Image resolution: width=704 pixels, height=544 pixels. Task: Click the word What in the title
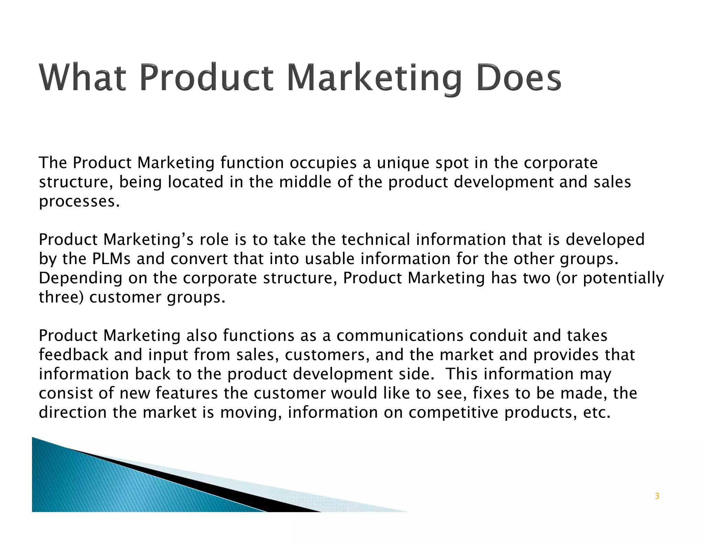click(x=82, y=78)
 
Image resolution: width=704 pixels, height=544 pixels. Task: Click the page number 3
click(x=657, y=496)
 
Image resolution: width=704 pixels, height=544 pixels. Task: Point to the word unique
click(x=403, y=163)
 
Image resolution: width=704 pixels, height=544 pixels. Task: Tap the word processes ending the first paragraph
click(x=79, y=202)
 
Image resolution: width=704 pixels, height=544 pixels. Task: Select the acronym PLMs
click(x=111, y=259)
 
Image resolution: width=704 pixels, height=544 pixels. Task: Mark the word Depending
click(x=80, y=279)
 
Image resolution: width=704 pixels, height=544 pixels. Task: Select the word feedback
click(x=74, y=355)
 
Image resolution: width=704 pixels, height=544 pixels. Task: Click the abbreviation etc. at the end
click(x=597, y=413)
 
